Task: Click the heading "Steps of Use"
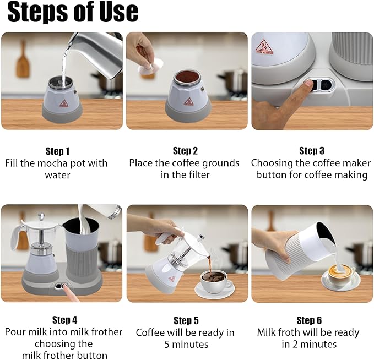73,12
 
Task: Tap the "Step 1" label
57,151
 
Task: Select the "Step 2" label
185,151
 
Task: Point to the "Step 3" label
312,151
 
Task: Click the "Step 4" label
64,320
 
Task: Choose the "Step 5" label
186,321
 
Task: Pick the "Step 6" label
309,320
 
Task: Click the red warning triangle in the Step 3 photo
264,47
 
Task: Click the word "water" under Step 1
57,175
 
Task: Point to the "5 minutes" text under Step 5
186,344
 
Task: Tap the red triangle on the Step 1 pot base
63,103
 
